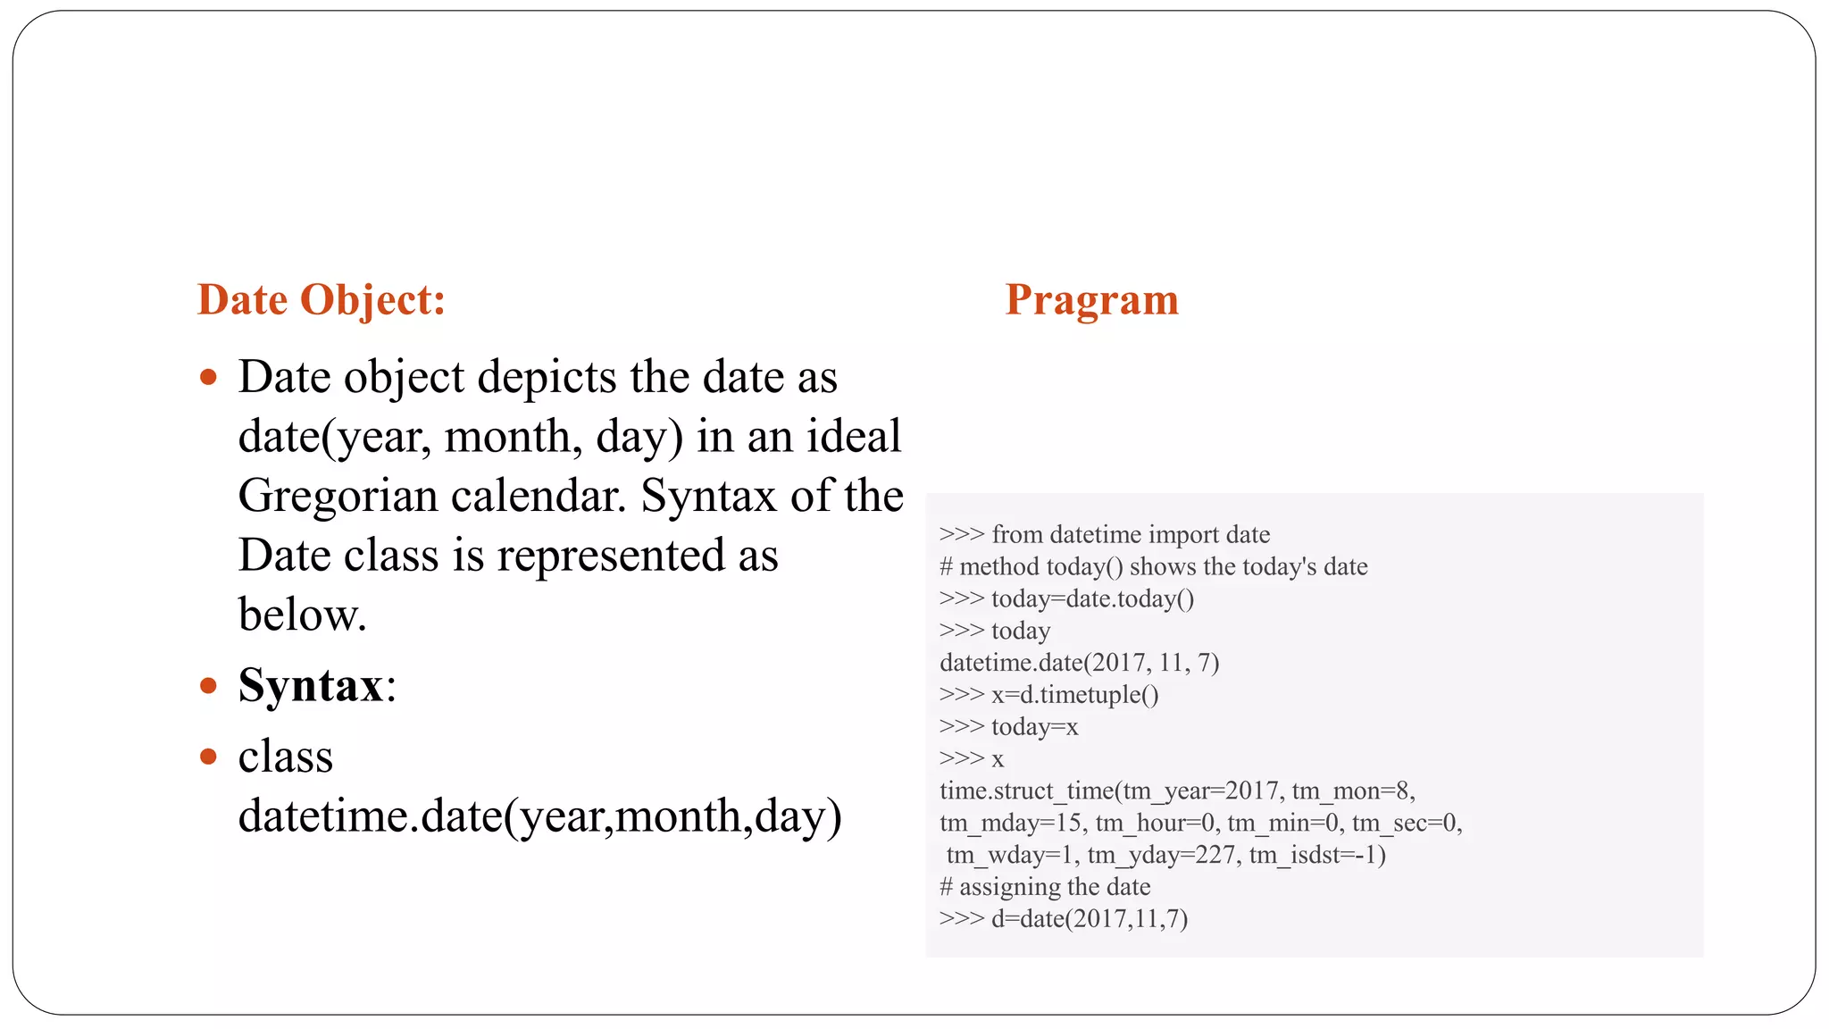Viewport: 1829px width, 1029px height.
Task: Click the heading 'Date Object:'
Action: (x=321, y=300)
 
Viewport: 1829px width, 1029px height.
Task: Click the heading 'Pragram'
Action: (x=1091, y=300)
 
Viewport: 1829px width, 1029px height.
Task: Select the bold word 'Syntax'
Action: (x=311, y=686)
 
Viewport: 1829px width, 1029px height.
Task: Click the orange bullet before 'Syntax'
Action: (x=209, y=686)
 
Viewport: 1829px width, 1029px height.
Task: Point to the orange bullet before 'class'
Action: (x=209, y=757)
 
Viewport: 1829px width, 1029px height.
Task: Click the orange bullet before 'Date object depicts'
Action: (x=209, y=377)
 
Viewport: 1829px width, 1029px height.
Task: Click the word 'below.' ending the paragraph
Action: (x=302, y=615)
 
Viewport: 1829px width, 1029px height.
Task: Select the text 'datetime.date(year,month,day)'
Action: (x=539, y=816)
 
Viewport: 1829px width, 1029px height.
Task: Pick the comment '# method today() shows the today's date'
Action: (x=1153, y=566)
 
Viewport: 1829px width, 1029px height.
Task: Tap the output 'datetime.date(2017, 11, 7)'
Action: (x=1079, y=663)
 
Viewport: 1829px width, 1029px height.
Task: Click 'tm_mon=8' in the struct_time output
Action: (x=1352, y=791)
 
